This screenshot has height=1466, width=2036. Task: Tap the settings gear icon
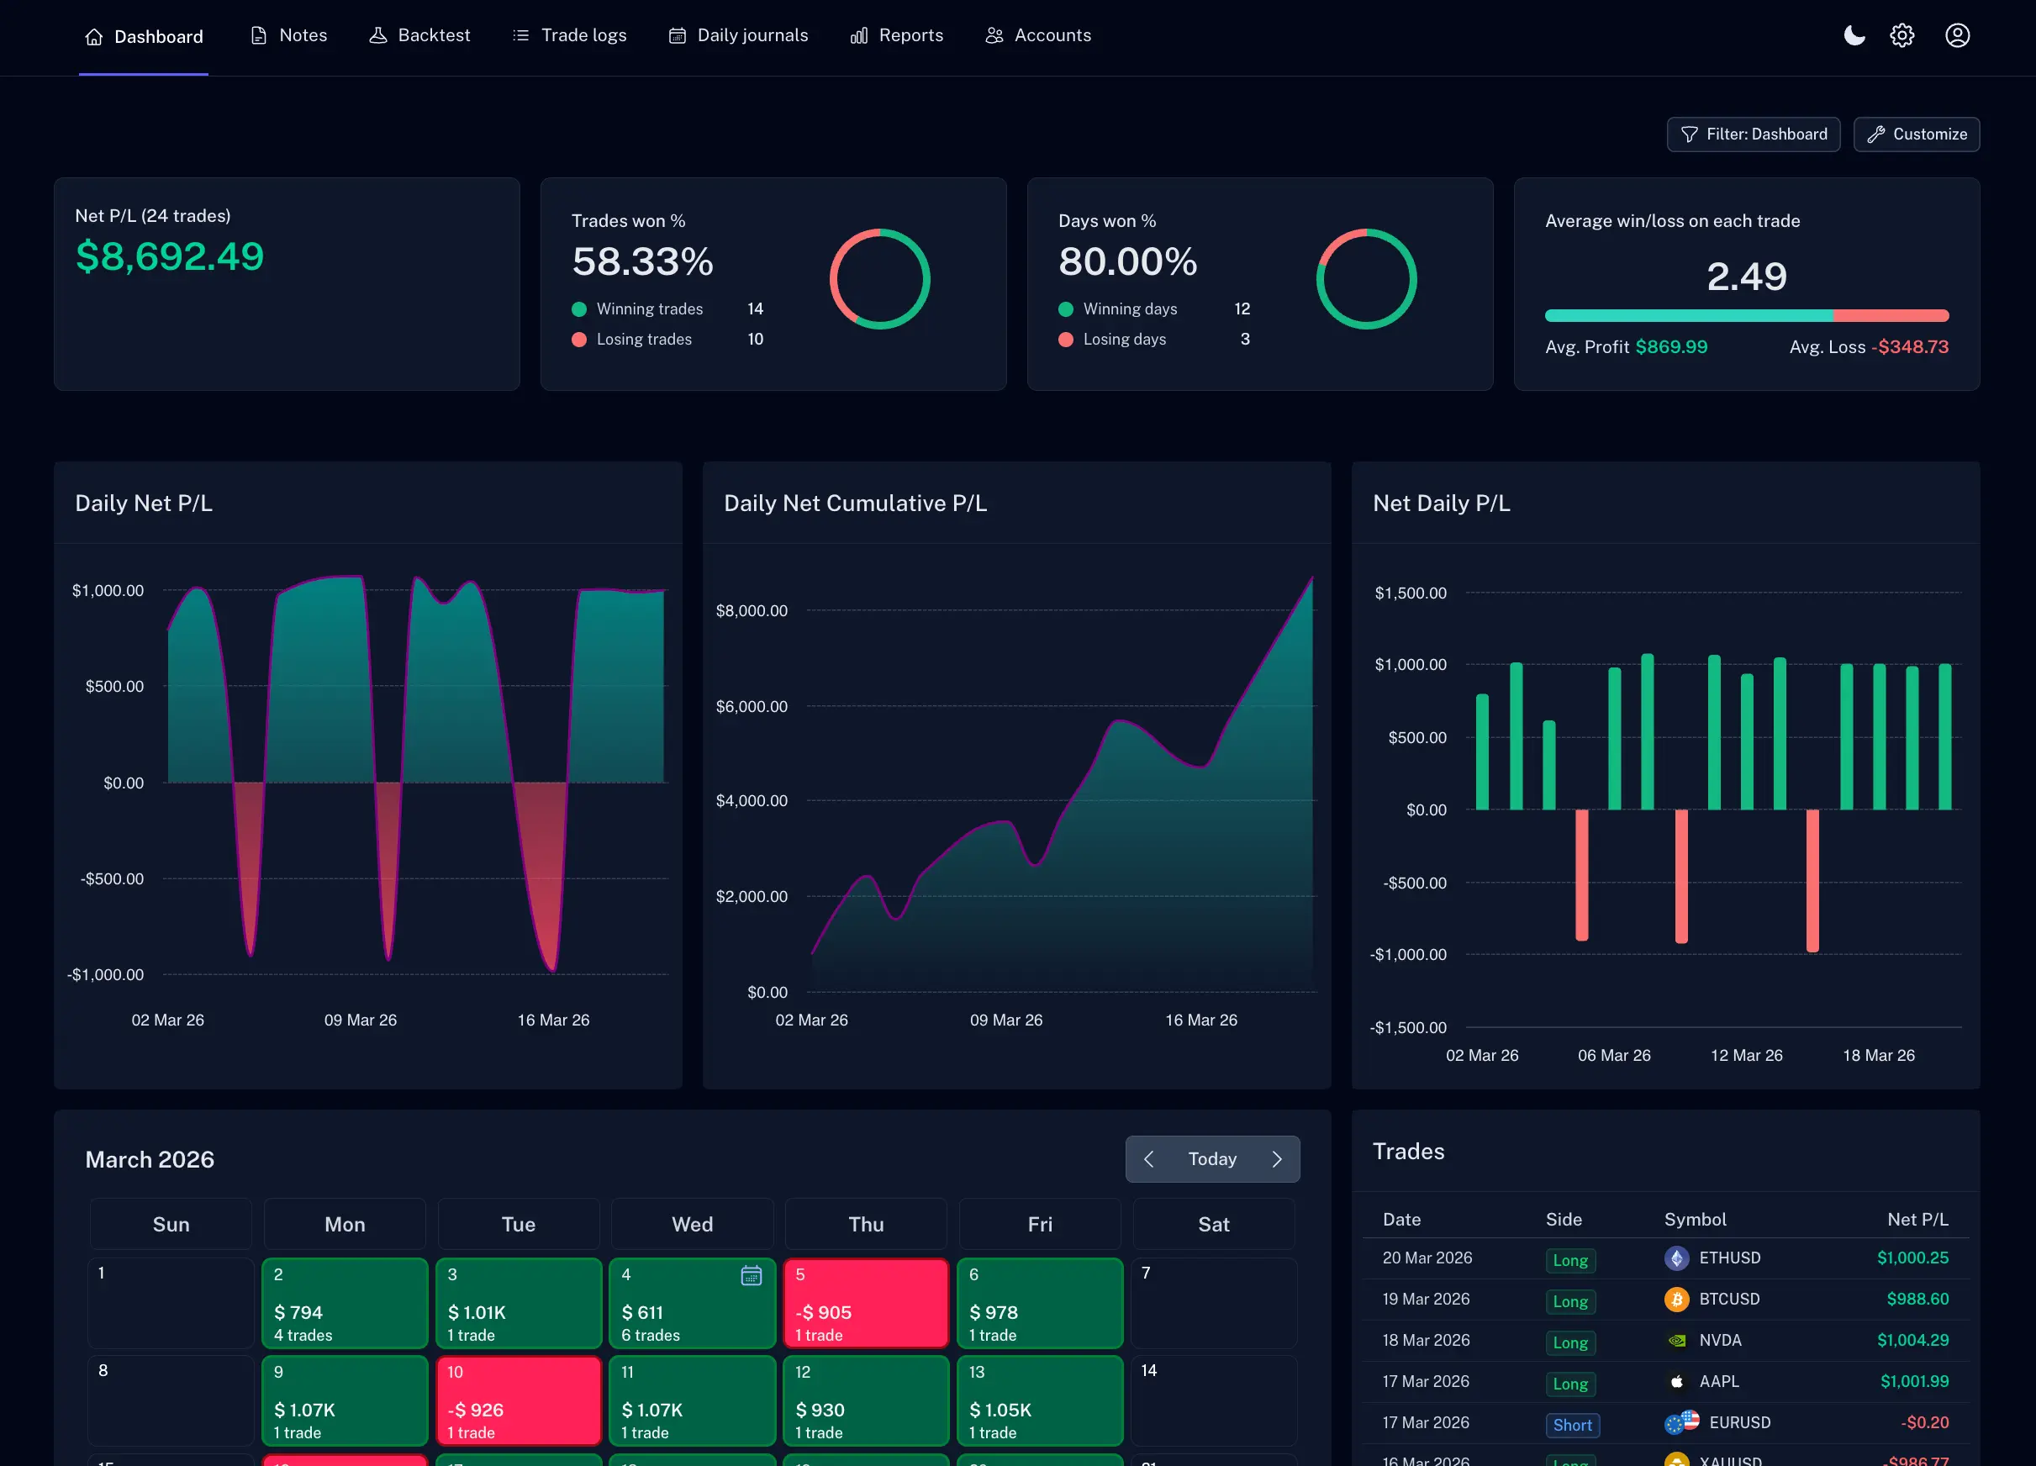click(x=1901, y=36)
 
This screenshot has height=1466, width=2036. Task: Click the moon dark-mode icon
click(x=1853, y=36)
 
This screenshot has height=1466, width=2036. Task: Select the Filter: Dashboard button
click(x=1753, y=134)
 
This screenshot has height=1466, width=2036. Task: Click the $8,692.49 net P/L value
click(x=170, y=256)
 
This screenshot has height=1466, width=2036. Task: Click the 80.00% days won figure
click(x=1126, y=262)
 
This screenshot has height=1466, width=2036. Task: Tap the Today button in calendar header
click(x=1211, y=1159)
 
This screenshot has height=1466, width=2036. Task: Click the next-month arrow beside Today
click(x=1277, y=1159)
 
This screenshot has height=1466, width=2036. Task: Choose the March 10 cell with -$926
click(x=518, y=1400)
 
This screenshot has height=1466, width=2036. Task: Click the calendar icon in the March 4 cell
click(x=751, y=1276)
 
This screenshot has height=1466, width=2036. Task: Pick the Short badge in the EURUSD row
click(x=1572, y=1425)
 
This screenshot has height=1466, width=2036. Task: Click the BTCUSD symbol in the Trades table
click(x=1728, y=1299)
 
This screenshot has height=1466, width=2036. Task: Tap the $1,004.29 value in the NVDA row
click(x=1912, y=1340)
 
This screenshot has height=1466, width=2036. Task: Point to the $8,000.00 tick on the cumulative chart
click(x=752, y=611)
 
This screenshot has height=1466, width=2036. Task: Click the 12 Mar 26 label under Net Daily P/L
click(x=1746, y=1056)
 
